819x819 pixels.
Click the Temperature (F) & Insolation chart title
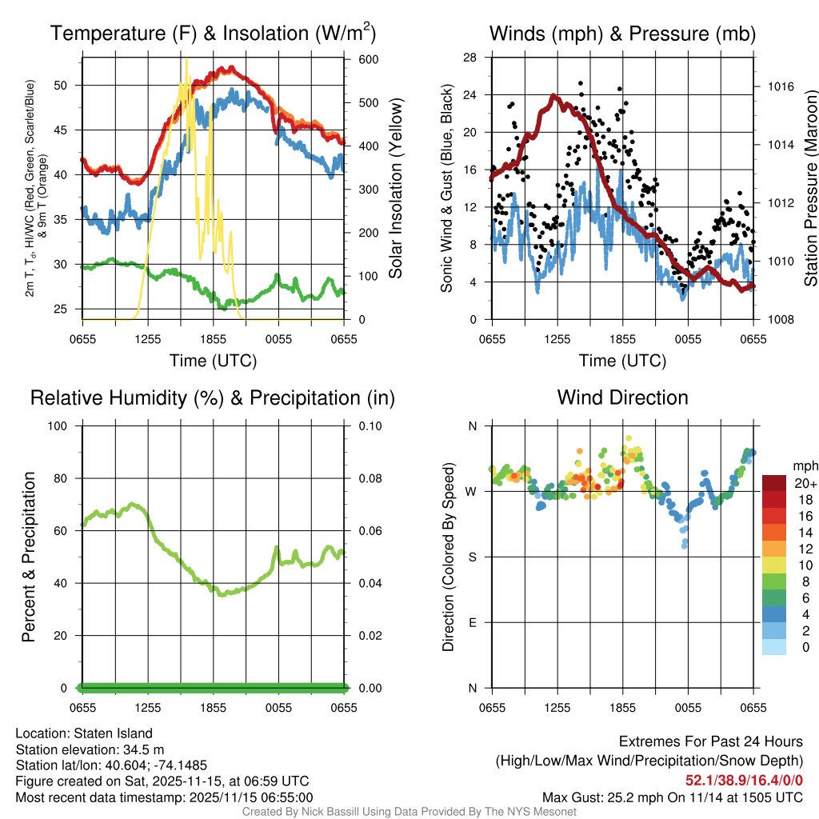pos(213,34)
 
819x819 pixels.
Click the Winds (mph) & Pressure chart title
pos(622,34)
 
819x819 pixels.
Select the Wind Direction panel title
pos(622,398)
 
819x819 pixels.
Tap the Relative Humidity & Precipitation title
pos(213,398)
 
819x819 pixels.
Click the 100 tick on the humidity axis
pos(66,425)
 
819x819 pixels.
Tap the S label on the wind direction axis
pos(473,557)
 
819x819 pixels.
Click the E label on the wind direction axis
pos(473,622)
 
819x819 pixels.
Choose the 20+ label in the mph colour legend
pos(805,484)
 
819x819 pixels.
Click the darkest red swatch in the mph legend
pos(774,483)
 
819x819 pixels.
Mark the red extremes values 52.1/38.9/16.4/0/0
pos(744,780)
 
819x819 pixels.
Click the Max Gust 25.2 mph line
pos(673,797)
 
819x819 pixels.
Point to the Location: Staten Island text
pos(84,733)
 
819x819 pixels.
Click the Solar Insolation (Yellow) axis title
pos(395,189)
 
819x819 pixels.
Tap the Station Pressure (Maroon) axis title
pos(809,189)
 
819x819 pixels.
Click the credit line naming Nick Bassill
pos(409,812)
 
